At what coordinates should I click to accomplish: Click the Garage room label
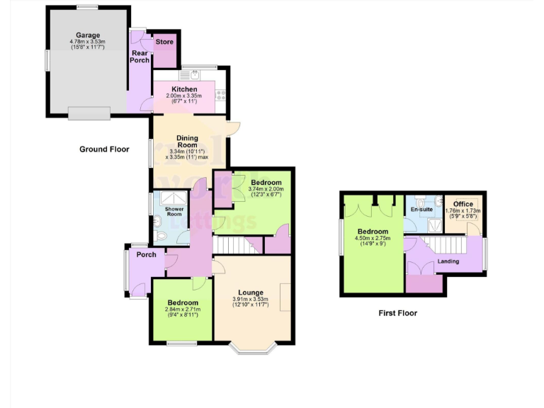click(x=89, y=35)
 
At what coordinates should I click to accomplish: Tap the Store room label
click(x=164, y=42)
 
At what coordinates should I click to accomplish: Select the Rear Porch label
click(x=140, y=56)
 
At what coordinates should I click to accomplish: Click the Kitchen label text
click(x=184, y=89)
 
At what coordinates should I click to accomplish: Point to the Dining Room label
click(x=187, y=141)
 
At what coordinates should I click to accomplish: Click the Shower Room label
click(x=174, y=211)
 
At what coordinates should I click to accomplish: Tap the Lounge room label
click(x=251, y=293)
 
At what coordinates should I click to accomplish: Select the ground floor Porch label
click(x=146, y=255)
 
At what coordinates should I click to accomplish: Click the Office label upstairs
click(x=463, y=205)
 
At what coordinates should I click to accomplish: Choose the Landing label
click(x=448, y=261)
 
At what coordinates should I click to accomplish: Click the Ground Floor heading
click(x=104, y=149)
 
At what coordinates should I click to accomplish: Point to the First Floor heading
click(x=398, y=312)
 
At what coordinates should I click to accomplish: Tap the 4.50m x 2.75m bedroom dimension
click(x=373, y=239)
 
